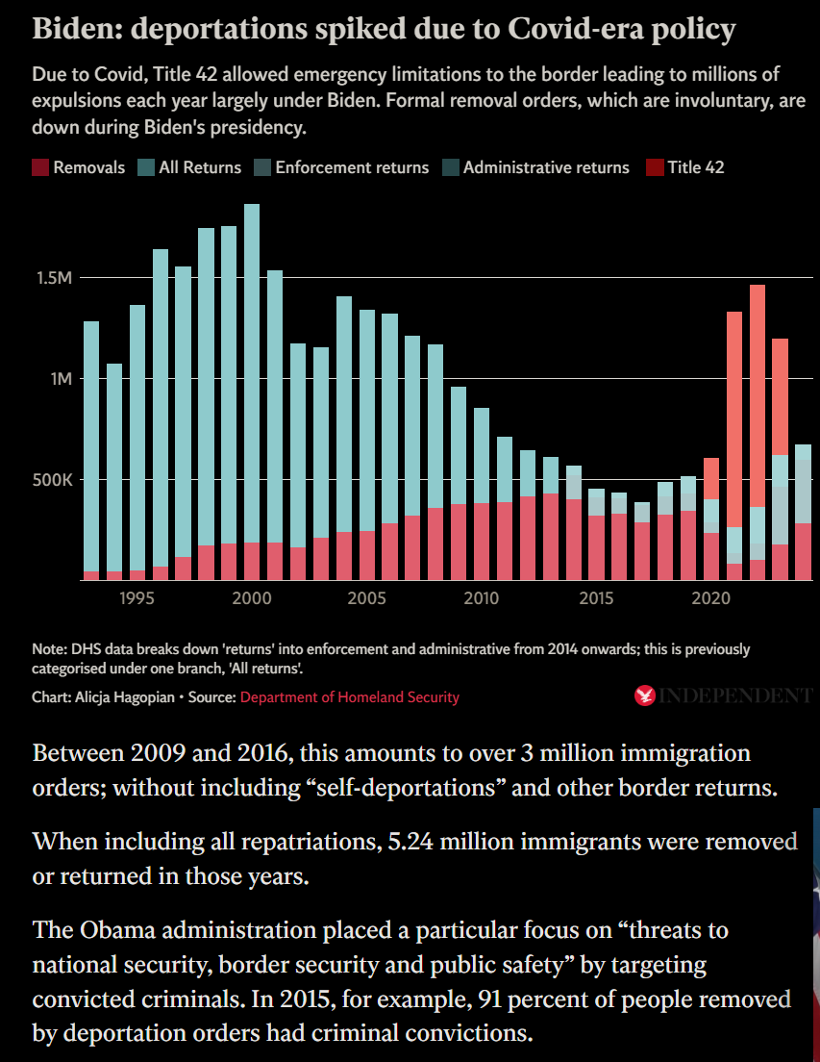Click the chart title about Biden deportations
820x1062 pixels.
pyautogui.click(x=384, y=29)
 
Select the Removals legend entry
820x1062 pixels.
pyautogui.click(x=79, y=167)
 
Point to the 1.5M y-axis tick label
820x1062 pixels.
pyautogui.click(x=54, y=278)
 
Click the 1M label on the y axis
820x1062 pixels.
pyautogui.click(x=61, y=379)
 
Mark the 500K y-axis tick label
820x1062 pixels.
pyautogui.click(x=53, y=480)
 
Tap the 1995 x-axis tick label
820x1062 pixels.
pyautogui.click(x=137, y=598)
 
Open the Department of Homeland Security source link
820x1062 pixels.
pyautogui.click(x=350, y=697)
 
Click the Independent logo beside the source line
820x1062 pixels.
pyautogui.click(x=723, y=695)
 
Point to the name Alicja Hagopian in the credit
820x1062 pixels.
pyautogui.click(x=125, y=697)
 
